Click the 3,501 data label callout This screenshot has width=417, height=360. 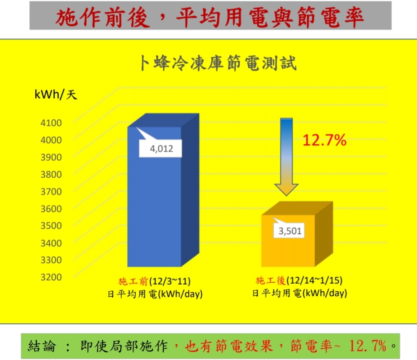click(289, 229)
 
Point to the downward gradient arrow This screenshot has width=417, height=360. click(286, 157)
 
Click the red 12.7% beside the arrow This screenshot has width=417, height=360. click(324, 140)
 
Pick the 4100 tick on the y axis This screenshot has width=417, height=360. click(51, 123)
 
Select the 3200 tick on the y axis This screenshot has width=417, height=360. click(51, 277)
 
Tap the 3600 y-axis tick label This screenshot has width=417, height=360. click(51, 208)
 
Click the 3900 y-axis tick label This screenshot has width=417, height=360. click(51, 157)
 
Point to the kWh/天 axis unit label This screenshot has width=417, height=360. click(56, 95)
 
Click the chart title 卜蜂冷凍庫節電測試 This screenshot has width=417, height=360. click(218, 63)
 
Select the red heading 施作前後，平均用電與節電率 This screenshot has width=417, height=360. click(210, 17)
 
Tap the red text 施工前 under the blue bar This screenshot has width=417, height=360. click(133, 281)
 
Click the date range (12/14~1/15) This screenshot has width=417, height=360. click(314, 280)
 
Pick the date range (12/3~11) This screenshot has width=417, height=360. click(170, 281)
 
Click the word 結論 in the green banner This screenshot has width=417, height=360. click(42, 346)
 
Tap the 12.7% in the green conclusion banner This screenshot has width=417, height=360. click(368, 346)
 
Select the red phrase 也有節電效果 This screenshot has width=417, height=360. click(228, 346)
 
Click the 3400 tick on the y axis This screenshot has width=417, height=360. click(51, 243)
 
